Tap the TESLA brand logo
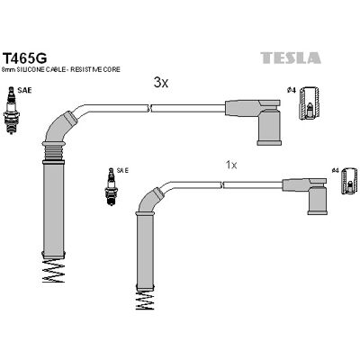pyautogui.click(x=291, y=58)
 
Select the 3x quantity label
pyautogui.click(x=161, y=83)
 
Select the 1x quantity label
pyautogui.click(x=231, y=165)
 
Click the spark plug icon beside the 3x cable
pyautogui.click(x=11, y=110)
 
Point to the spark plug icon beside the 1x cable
pyautogui.click(x=111, y=186)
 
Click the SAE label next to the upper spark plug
pyautogui.click(x=24, y=90)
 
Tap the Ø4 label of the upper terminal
pyautogui.click(x=292, y=90)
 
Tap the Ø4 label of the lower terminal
pyautogui.click(x=335, y=171)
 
